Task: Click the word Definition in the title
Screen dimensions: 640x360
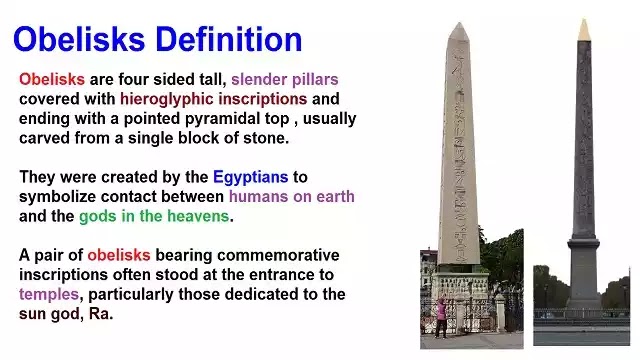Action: [x=229, y=40]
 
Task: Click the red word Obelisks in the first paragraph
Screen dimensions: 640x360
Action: [x=52, y=79]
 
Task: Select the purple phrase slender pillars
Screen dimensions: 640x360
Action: [x=285, y=79]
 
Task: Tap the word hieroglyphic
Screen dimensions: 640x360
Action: [x=167, y=99]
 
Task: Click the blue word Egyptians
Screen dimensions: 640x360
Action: [x=251, y=177]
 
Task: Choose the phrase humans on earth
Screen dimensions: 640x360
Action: [x=291, y=196]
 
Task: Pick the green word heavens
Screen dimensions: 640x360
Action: [x=198, y=216]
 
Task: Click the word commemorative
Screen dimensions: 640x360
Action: [x=278, y=255]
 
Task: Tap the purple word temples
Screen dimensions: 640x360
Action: [x=49, y=294]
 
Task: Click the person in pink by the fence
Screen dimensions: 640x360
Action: [x=440, y=317]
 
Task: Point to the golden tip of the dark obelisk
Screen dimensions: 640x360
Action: [x=584, y=30]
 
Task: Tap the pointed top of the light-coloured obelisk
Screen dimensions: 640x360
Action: [x=459, y=32]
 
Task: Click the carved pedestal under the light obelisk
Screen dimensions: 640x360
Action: [x=460, y=286]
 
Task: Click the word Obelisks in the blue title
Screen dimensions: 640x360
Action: [x=79, y=40]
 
